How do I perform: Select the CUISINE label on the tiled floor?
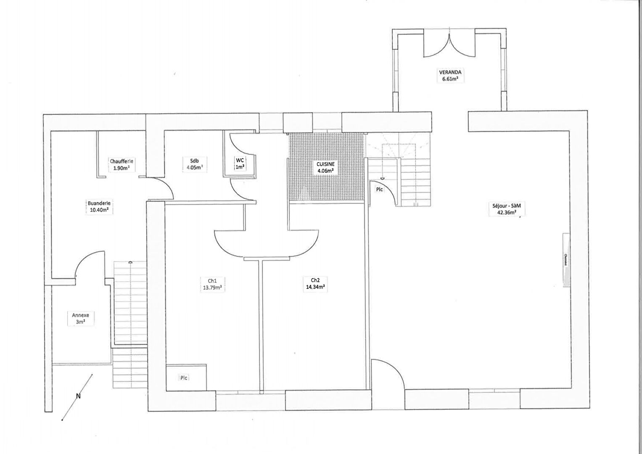pyautogui.click(x=326, y=165)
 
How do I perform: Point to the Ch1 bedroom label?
pyautogui.click(x=212, y=281)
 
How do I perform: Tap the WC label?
pyautogui.click(x=240, y=160)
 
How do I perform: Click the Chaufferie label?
pyautogui.click(x=122, y=161)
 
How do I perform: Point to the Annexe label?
pyautogui.click(x=81, y=315)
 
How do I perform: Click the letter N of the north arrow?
pyautogui.click(x=78, y=396)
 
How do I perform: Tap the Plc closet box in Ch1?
pyautogui.click(x=186, y=377)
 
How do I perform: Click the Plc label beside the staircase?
pyautogui.click(x=379, y=189)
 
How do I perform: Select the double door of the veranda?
pyautogui.click(x=449, y=44)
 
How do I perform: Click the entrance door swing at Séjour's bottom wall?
pyautogui.click(x=388, y=374)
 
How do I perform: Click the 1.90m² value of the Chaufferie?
pyautogui.click(x=122, y=168)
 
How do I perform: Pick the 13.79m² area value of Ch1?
pyautogui.click(x=212, y=288)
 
